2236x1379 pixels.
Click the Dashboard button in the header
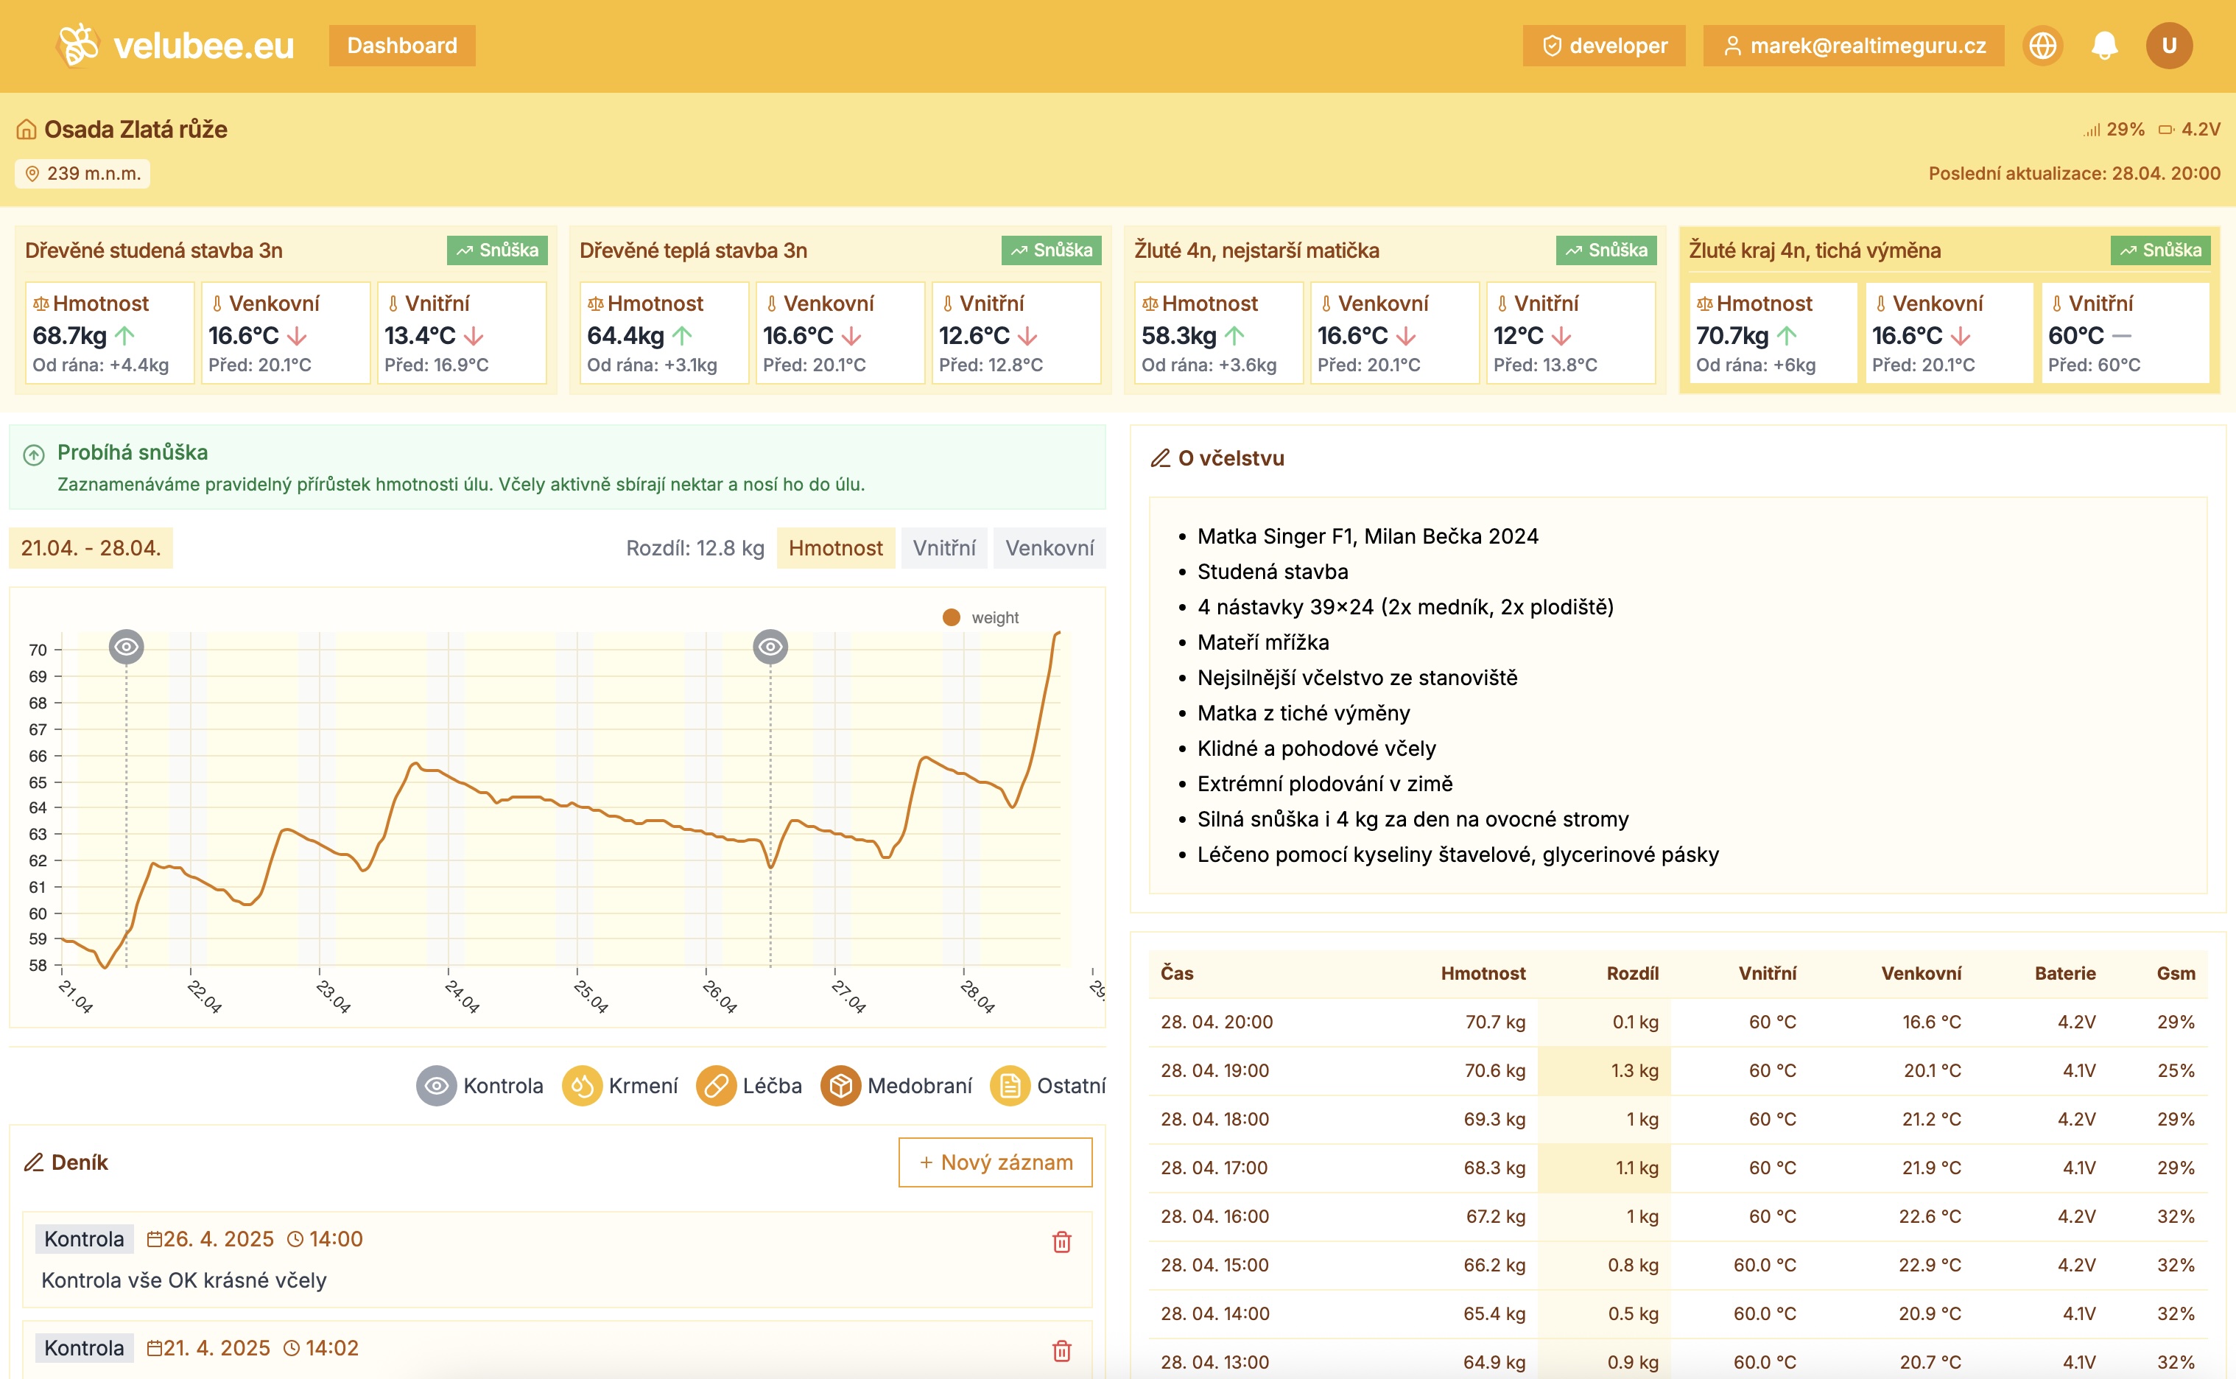[x=401, y=46]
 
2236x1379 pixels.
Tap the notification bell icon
[x=2103, y=46]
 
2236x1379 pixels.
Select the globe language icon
[x=2043, y=46]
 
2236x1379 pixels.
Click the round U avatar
[x=2168, y=46]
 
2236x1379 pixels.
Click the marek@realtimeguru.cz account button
[x=1854, y=46]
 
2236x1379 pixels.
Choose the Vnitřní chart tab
[x=944, y=548]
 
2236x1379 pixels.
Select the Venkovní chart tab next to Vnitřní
[x=1049, y=548]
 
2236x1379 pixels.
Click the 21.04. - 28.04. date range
[x=91, y=548]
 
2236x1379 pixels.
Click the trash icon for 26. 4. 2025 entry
[x=1061, y=1241]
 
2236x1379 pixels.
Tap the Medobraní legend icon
[x=840, y=1085]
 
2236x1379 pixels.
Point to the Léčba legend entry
[x=750, y=1085]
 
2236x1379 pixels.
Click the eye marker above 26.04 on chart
[x=770, y=647]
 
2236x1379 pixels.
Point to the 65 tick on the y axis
[x=38, y=782]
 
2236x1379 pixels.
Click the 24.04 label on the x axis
[x=462, y=996]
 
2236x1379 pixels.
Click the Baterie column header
[x=2064, y=973]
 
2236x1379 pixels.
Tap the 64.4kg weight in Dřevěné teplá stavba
[x=625, y=336]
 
